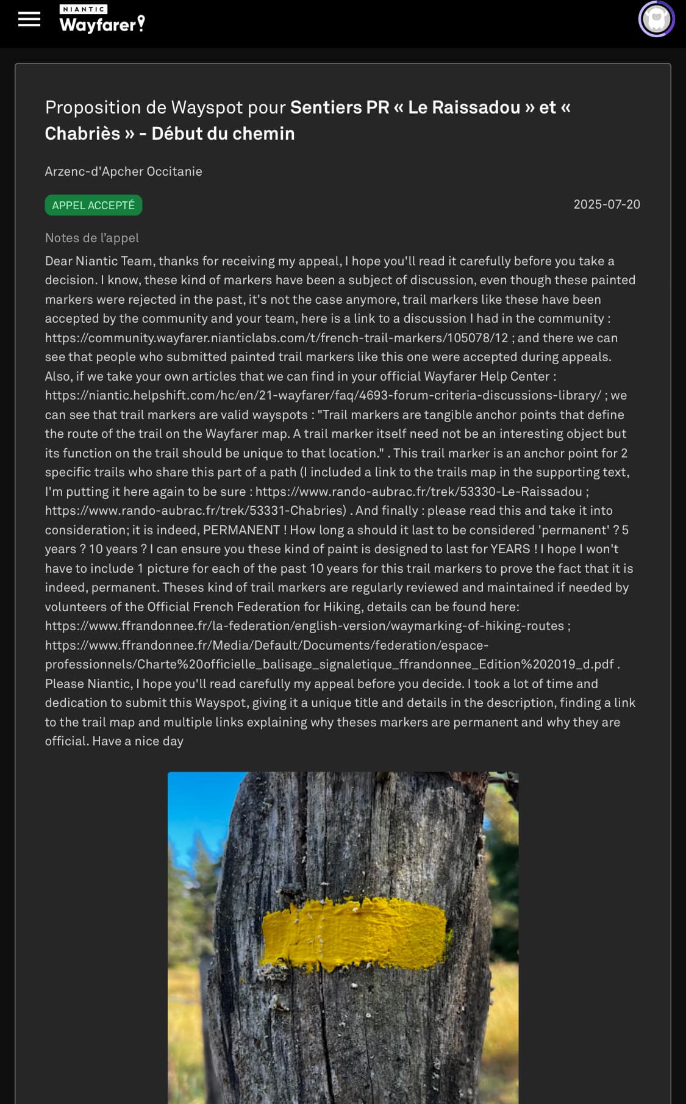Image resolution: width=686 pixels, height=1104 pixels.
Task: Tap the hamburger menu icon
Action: [29, 20]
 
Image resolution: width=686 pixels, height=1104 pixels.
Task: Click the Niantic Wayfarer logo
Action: [102, 19]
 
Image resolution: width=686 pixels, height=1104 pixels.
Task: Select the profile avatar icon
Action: [656, 19]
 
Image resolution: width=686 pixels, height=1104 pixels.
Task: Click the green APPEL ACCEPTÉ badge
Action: [93, 206]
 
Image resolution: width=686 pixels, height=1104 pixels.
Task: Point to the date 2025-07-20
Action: [607, 204]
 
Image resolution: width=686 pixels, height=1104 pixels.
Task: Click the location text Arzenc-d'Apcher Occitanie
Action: [123, 171]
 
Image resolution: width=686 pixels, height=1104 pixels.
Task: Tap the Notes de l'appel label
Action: [91, 238]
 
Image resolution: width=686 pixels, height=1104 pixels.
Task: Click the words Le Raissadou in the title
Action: [463, 107]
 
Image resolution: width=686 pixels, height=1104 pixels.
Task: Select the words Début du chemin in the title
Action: [223, 134]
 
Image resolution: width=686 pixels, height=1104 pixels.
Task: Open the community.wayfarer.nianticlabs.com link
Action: [276, 338]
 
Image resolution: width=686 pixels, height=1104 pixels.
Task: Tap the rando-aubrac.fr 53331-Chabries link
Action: [195, 511]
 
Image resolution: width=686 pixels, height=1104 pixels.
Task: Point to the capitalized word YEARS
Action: [510, 549]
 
